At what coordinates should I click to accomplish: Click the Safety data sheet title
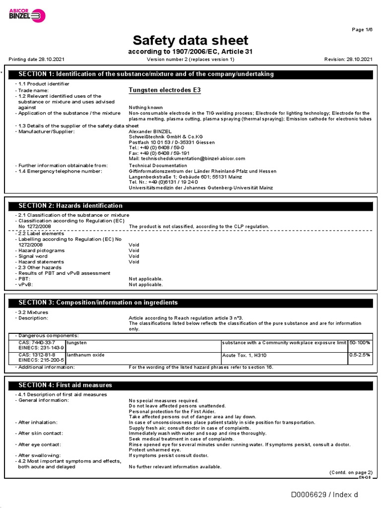pyautogui.click(x=190, y=40)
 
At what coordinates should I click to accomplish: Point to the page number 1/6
pyautogui.click(x=362, y=30)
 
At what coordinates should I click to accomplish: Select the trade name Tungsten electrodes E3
pyautogui.click(x=165, y=90)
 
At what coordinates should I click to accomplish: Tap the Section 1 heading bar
pyautogui.click(x=190, y=74)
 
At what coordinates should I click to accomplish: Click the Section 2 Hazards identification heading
pyautogui.click(x=70, y=206)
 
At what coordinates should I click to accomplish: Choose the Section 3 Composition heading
pyautogui.click(x=98, y=303)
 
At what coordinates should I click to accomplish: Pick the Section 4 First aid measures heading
pyautogui.click(x=65, y=385)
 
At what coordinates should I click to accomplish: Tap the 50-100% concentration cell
pyautogui.click(x=360, y=343)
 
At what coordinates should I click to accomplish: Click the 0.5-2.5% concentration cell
pyautogui.click(x=360, y=355)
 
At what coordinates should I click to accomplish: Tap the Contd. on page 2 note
pyautogui.click(x=350, y=472)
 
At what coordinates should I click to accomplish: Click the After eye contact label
pyautogui.click(x=40, y=444)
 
